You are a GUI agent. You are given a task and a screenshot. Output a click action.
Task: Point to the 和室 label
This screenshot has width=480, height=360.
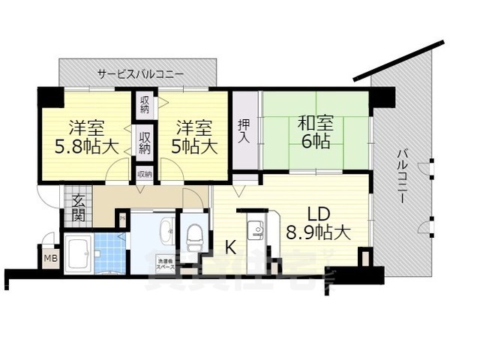315,123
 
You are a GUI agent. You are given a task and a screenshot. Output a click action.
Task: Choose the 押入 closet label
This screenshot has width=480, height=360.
243,132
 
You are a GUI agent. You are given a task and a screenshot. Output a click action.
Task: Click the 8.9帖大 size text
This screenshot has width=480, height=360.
317,233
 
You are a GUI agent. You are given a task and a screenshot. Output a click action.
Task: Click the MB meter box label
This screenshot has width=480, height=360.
51,259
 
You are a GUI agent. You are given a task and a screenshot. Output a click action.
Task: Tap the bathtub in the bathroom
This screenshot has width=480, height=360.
79,254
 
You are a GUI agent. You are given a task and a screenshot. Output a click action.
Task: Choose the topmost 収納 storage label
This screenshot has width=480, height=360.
145,105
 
